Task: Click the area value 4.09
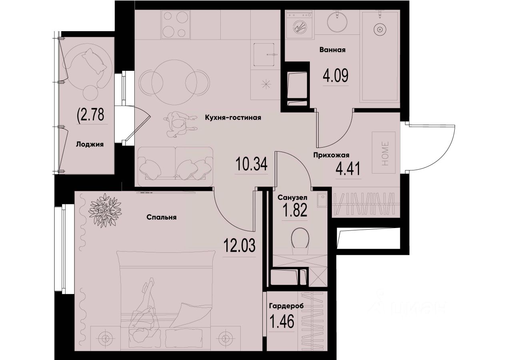point(335,75)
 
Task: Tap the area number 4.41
point(348,169)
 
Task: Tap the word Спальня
point(162,218)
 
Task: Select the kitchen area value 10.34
point(251,164)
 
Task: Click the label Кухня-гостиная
point(233,118)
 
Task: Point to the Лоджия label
point(90,145)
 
